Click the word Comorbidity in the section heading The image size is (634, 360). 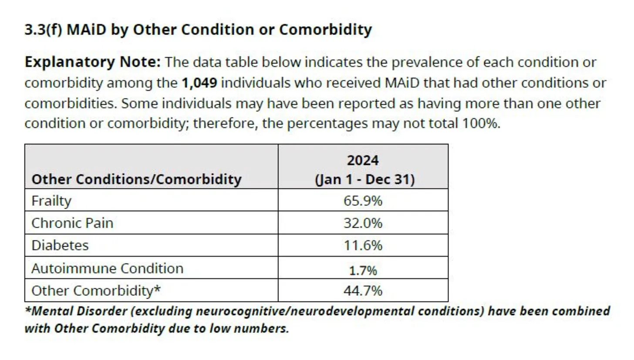pos(325,30)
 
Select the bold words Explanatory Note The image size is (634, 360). pos(93,62)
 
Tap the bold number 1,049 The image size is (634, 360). pos(199,83)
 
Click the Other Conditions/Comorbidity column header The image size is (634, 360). pos(137,179)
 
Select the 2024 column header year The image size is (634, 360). pos(363,160)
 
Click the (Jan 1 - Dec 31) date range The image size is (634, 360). pos(364,179)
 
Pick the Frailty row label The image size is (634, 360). pos(51,201)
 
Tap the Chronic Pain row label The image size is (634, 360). pos(72,223)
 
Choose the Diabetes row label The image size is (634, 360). pos(60,246)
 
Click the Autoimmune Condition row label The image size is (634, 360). pos(107,268)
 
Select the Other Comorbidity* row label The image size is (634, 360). pos(96,290)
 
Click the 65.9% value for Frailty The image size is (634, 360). pos(363,201)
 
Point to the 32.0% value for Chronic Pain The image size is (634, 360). pos(363,223)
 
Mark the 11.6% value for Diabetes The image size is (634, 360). pos(363,246)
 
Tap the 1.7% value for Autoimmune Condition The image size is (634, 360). pos(363,270)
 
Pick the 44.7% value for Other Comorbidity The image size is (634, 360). pos(363,290)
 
